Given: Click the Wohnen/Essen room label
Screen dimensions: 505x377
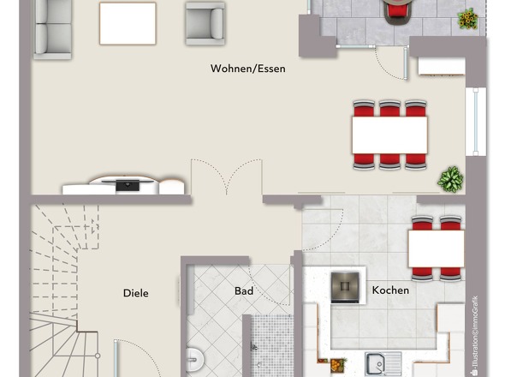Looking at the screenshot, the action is [x=248, y=69].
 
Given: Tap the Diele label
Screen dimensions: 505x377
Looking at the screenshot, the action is [x=136, y=293].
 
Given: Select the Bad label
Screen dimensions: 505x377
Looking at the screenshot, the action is [x=244, y=291].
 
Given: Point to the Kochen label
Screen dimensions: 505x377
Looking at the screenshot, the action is [x=390, y=290].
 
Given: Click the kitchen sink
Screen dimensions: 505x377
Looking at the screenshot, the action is [x=383, y=364].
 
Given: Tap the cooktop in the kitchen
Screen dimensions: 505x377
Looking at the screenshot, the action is [x=345, y=287].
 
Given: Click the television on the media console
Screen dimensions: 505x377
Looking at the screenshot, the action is [x=128, y=185].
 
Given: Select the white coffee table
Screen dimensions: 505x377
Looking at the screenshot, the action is [x=128, y=23].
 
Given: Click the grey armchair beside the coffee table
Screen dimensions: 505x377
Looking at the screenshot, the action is [x=205, y=23].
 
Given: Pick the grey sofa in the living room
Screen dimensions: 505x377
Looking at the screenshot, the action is [x=52, y=29].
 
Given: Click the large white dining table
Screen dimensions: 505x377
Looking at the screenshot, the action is [x=389, y=135].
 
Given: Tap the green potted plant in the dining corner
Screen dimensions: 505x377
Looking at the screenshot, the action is [x=450, y=179].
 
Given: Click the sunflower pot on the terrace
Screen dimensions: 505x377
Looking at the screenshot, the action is [x=467, y=19].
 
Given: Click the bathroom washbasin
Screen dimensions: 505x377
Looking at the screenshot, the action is [x=195, y=359].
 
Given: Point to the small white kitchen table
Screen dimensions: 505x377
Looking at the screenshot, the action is [x=437, y=248].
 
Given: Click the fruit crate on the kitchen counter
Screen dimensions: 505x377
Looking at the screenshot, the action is [x=338, y=365].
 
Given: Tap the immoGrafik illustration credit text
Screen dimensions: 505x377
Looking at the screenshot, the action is [x=474, y=335].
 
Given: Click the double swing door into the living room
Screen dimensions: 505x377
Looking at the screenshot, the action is [x=227, y=177].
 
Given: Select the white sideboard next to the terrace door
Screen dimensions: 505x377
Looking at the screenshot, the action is [x=442, y=67].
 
